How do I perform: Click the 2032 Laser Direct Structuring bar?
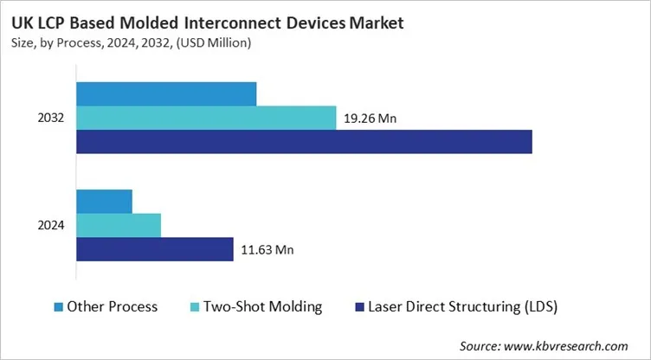coord(304,142)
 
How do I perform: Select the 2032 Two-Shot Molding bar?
coord(206,118)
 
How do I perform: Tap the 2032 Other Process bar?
coord(166,93)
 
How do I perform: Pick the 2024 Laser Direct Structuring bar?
coord(155,249)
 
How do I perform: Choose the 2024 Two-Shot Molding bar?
coord(119,225)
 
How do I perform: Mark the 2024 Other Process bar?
coord(104,201)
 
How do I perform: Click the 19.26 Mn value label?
coord(371,119)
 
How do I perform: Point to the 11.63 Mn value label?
coord(267,250)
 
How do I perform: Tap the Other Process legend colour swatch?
coord(58,306)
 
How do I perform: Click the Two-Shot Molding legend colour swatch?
coord(195,306)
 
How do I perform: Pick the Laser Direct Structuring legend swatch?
coord(359,306)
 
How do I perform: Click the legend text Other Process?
coord(113,306)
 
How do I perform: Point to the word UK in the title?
coord(22,18)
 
